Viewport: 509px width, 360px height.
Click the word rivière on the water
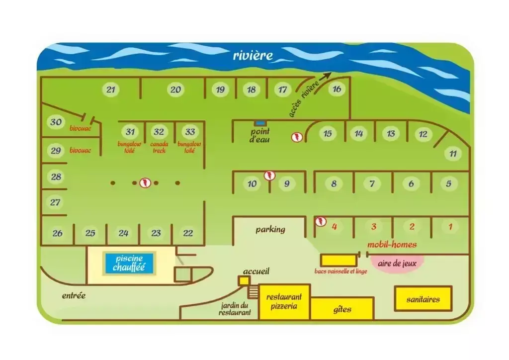253,56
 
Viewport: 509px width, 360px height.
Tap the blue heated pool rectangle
129,263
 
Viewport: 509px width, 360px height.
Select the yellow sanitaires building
423,299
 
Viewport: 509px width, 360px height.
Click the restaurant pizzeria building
284,302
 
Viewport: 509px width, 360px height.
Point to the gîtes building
342,309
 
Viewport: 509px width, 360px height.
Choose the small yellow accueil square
244,280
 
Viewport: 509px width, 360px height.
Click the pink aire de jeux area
397,263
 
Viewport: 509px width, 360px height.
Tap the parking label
270,230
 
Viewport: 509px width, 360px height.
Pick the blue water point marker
260,123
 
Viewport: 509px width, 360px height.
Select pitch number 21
111,90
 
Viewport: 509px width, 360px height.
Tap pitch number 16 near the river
337,89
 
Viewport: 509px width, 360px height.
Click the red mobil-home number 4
335,226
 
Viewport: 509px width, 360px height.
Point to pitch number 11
453,153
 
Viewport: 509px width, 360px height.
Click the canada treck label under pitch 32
159,147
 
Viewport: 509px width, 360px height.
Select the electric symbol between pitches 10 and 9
269,176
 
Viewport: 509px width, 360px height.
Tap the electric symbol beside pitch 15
297,137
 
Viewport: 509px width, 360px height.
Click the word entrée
74,295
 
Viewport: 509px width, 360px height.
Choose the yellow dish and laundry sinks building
338,261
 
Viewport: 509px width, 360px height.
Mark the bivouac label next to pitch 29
80,150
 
